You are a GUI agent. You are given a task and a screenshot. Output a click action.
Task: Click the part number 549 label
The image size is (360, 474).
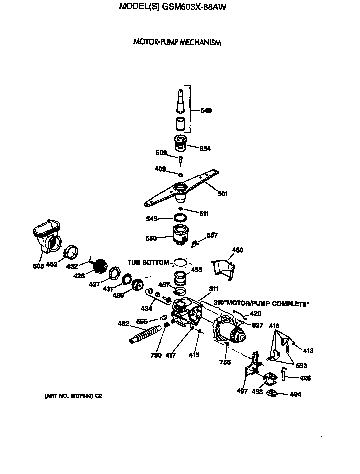coord(206,111)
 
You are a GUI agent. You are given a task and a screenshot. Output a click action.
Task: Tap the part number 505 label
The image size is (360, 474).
coord(39,265)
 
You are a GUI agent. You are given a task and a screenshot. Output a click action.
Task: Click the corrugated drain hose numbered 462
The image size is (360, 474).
coord(147,334)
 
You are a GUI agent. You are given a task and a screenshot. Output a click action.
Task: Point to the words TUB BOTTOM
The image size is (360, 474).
coord(148,262)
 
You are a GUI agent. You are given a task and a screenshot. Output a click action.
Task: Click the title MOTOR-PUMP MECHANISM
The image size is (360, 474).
coord(177,42)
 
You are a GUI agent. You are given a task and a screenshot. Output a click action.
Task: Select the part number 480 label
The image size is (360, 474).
coord(238,250)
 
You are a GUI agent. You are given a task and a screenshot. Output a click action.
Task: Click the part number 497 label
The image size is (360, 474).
coord(242,391)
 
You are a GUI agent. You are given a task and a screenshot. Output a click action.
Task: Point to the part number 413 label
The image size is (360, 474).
coord(308,351)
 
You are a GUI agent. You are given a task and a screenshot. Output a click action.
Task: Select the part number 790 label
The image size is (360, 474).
coord(156,355)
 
